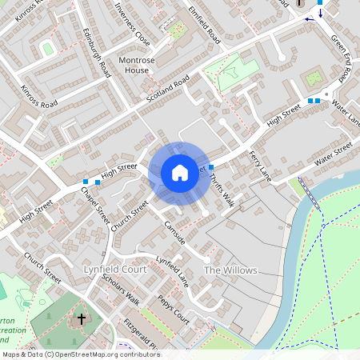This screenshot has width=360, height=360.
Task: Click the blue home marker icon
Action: point(179,172)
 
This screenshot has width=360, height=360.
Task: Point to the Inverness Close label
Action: point(133,26)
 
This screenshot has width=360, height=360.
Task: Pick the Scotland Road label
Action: point(166,90)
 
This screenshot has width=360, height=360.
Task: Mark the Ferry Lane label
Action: point(261,166)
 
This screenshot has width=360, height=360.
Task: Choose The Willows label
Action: point(230,270)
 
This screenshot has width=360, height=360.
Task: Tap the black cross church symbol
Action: point(81,319)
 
